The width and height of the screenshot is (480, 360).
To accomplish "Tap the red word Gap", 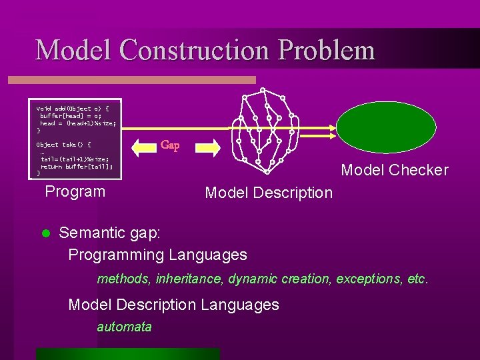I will (x=170, y=145).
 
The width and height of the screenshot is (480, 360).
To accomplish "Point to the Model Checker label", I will (x=395, y=170).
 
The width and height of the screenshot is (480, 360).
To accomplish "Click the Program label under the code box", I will (x=75, y=192).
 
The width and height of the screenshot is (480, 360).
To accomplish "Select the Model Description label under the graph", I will (x=268, y=193).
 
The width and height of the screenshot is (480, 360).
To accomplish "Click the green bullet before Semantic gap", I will (x=45, y=233).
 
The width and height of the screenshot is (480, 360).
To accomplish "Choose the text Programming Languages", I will (x=157, y=255).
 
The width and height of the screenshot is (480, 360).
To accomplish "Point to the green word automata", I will (x=124, y=327).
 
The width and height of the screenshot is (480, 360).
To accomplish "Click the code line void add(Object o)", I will (x=77, y=108).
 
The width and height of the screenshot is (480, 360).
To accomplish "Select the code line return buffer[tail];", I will (x=77, y=167).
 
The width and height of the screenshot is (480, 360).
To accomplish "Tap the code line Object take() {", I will (x=64, y=145).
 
